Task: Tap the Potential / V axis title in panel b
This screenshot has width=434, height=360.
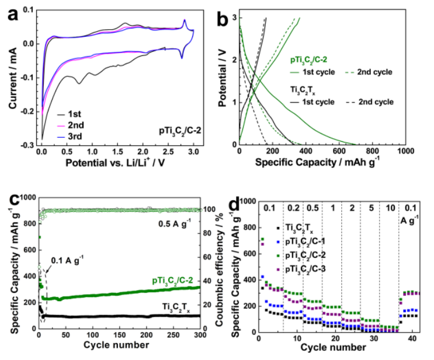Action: pos(221,82)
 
